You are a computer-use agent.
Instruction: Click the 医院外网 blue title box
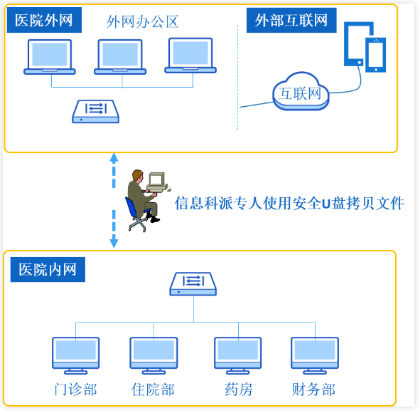point(44,20)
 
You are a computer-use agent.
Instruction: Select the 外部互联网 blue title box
point(291,20)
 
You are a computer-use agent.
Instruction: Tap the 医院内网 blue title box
point(48,269)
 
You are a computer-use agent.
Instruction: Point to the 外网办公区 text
point(142,22)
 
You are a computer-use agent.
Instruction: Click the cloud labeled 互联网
point(301,92)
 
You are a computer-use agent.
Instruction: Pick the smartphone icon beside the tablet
point(376,55)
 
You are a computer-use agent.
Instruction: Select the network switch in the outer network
point(96,112)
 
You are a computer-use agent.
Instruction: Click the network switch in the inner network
point(193,284)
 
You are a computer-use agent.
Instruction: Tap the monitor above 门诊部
point(76,355)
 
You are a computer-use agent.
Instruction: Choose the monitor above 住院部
point(154,355)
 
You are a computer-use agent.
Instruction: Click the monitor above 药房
point(238,355)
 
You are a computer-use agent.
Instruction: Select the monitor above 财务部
point(315,355)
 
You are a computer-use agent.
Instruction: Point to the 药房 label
point(238,390)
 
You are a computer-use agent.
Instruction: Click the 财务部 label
point(313,390)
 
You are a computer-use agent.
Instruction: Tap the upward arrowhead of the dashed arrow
point(114,158)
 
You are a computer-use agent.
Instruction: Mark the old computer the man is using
point(157,182)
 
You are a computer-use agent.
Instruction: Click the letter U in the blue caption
point(326,204)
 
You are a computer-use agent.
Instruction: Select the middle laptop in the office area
point(120,57)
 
